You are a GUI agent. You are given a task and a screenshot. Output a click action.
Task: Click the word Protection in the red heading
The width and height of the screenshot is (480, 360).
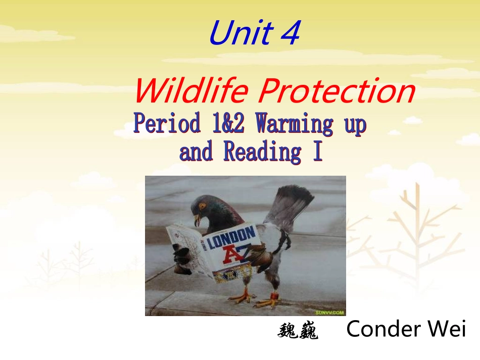336,91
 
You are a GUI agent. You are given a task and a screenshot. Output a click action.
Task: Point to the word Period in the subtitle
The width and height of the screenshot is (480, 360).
167,124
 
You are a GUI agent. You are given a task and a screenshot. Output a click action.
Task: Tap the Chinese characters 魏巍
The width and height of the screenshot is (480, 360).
298,331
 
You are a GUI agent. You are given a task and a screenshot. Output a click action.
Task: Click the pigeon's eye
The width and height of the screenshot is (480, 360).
203,206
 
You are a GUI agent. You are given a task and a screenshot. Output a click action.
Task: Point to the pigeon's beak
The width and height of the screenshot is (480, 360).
197,219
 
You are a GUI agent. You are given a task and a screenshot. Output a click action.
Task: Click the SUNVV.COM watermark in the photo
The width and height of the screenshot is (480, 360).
330,313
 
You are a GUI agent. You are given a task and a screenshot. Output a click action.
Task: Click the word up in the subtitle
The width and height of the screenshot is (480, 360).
354,124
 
